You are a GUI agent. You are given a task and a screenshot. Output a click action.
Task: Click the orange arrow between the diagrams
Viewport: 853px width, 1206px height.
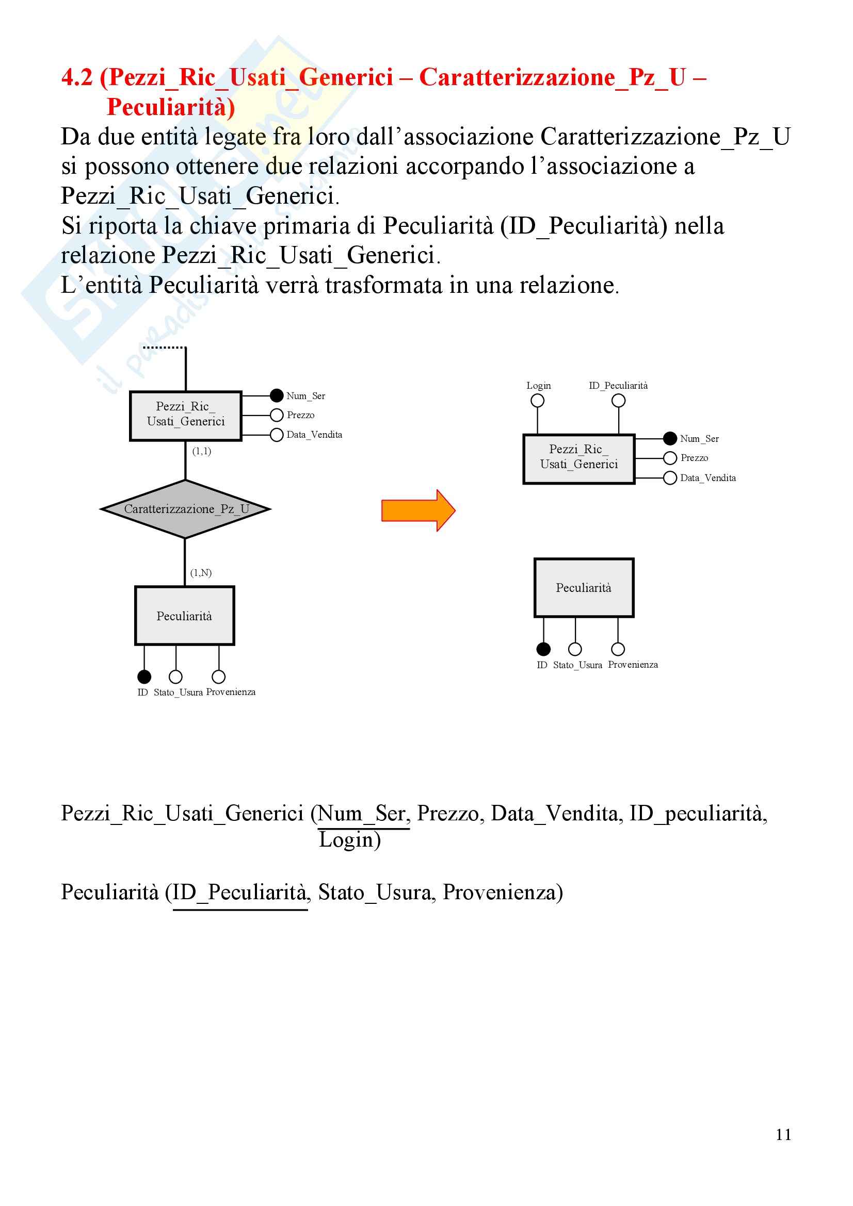coord(418,510)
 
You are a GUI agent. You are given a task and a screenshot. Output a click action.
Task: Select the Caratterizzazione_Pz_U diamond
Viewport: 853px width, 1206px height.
coord(186,509)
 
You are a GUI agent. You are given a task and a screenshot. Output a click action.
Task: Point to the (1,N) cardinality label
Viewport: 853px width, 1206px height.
coord(201,572)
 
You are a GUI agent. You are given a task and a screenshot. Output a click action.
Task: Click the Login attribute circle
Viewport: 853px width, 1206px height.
coord(537,401)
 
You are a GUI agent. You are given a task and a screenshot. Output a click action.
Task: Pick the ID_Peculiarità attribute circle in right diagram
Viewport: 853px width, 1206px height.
coord(619,401)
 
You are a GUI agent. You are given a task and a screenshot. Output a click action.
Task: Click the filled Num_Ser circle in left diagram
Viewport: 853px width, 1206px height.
coord(277,395)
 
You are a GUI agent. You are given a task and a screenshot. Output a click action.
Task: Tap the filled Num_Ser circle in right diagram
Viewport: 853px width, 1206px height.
coord(670,438)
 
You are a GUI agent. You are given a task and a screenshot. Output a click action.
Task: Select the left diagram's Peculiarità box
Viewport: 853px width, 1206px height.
coord(184,616)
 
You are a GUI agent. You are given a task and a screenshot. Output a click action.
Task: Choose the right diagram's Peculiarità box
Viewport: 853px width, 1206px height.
coord(584,588)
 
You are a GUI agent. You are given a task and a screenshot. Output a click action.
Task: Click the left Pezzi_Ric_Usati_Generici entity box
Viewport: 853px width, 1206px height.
coord(186,416)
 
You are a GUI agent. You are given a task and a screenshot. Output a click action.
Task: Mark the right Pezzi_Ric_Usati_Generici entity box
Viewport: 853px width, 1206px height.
coord(578,458)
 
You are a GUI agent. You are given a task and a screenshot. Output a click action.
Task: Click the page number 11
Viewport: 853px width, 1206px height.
coord(783,1135)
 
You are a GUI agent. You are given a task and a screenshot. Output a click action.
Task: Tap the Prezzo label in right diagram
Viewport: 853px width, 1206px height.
coord(694,458)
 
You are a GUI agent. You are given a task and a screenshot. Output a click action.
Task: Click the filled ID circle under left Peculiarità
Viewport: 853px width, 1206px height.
coord(144,676)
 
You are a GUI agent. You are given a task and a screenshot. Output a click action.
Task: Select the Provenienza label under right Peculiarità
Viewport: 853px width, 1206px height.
coord(633,665)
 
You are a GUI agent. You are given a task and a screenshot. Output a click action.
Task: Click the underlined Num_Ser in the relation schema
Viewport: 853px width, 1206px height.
coord(363,814)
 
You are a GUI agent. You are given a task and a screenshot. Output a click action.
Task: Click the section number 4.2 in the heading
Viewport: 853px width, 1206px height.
coord(77,78)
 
